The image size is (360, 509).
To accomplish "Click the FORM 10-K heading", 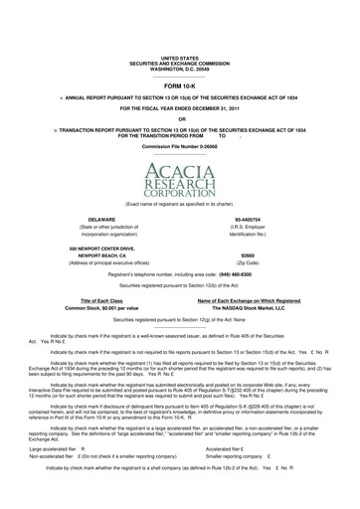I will pos(179,85).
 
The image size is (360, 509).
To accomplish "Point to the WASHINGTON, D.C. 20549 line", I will pos(179,69).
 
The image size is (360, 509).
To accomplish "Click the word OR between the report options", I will pos(179,119).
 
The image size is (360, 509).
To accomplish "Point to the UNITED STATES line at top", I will pos(179,59).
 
